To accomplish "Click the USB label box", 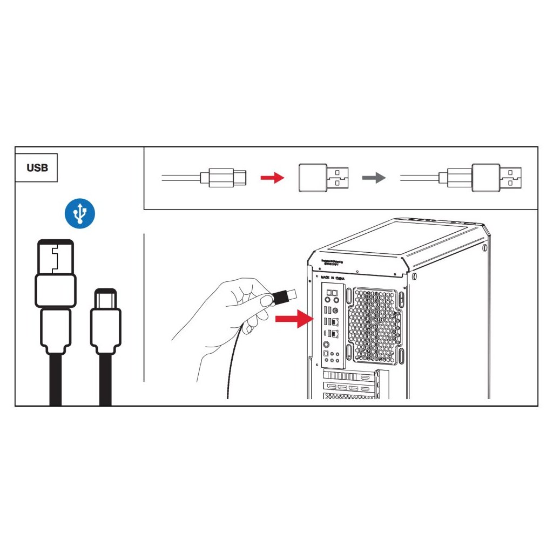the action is click(x=37, y=167).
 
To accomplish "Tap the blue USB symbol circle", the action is click(x=80, y=213).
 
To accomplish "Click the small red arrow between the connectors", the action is click(x=272, y=178).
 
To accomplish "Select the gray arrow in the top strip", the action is click(x=374, y=178).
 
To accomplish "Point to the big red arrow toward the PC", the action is click(x=294, y=319).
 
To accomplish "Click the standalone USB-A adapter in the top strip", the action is click(x=322, y=178).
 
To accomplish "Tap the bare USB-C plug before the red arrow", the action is click(x=222, y=177).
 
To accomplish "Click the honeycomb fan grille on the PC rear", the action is click(x=373, y=324).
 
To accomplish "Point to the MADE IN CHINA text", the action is click(x=333, y=278).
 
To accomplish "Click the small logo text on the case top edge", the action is click(x=332, y=263).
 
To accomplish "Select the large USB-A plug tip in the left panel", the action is click(x=55, y=257).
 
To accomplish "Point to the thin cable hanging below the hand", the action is click(x=231, y=367).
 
